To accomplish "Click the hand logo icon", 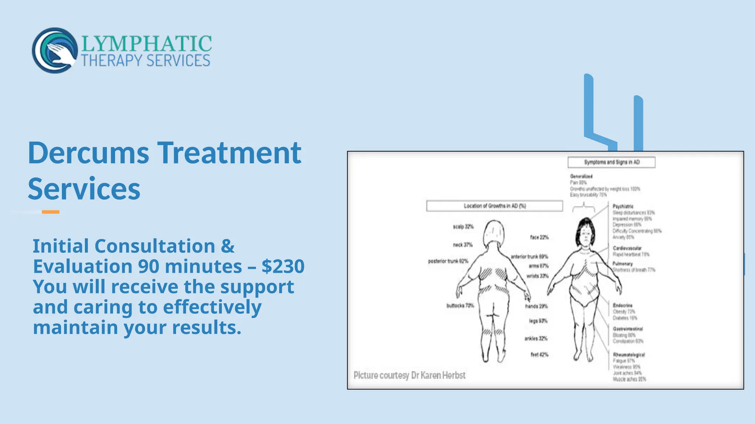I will pyautogui.click(x=55, y=50).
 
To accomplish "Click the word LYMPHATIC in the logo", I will pyautogui.click(x=146, y=44).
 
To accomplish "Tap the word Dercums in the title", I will pyautogui.click(x=88, y=153).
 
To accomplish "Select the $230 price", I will pyautogui.click(x=283, y=266).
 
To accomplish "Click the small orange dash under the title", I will pyautogui.click(x=51, y=212).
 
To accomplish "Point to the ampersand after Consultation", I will pyautogui.click(x=227, y=246).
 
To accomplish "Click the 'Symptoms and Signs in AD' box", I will pyautogui.click(x=611, y=162).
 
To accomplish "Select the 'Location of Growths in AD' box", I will pyautogui.click(x=494, y=206).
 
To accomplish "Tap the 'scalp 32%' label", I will pyautogui.click(x=463, y=227).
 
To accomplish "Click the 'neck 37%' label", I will pyautogui.click(x=463, y=245).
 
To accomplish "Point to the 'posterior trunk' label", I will pyautogui.click(x=448, y=261).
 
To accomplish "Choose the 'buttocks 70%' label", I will pyautogui.click(x=460, y=305).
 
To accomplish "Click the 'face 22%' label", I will pyautogui.click(x=539, y=237).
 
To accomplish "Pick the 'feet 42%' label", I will pyautogui.click(x=539, y=355).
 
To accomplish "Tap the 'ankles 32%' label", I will pyautogui.click(x=536, y=339).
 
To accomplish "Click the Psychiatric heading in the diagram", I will pyautogui.click(x=623, y=206).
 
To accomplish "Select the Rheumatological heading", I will pyautogui.click(x=629, y=355).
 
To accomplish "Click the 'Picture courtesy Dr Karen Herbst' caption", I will pyautogui.click(x=409, y=375).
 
